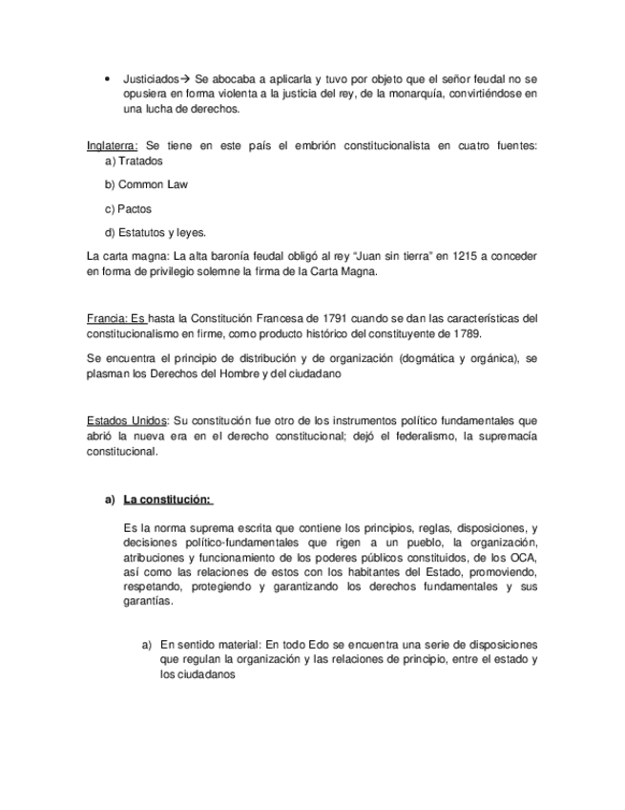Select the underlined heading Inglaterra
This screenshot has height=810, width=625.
112,145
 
